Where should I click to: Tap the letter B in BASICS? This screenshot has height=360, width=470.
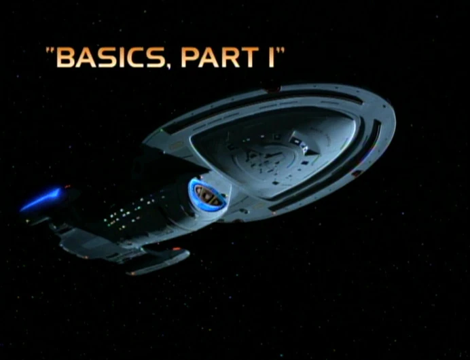(x=65, y=58)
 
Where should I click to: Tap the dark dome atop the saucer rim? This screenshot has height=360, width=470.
(x=272, y=89)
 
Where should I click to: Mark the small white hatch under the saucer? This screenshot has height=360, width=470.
(x=296, y=142)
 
